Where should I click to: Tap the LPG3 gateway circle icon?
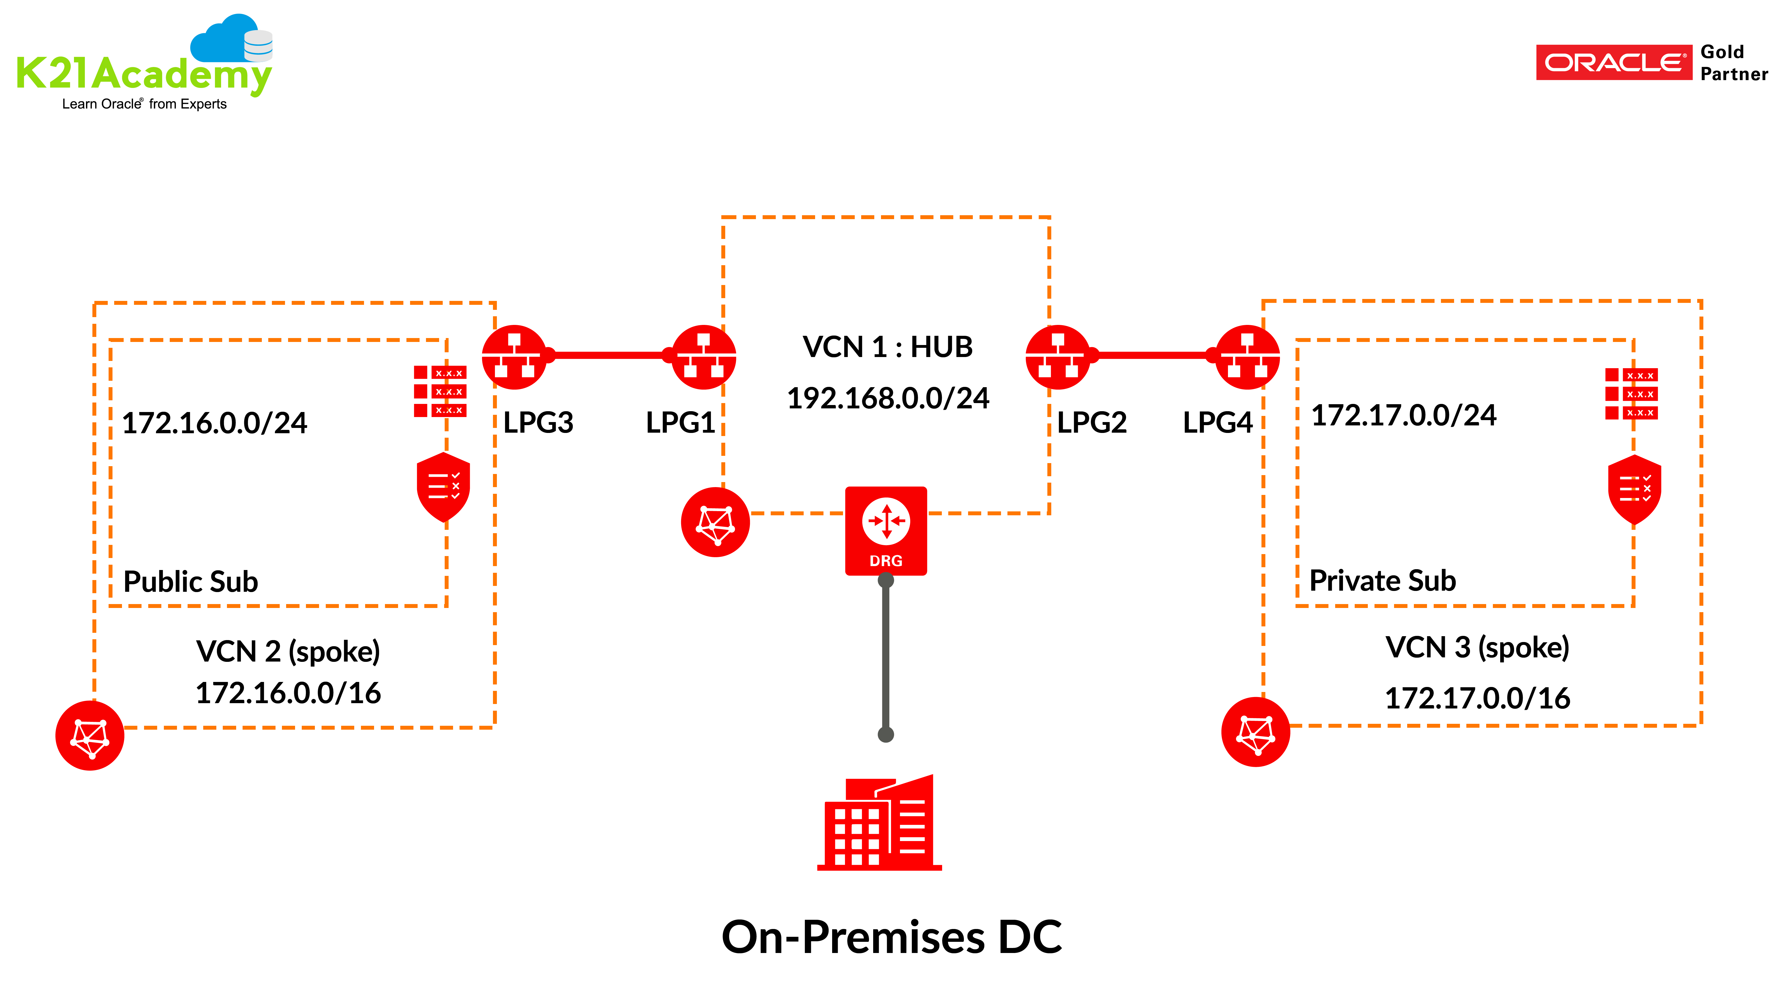click(514, 357)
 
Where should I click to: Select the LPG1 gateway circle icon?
click(704, 357)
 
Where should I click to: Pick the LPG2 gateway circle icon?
click(1057, 357)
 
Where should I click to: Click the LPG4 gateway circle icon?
click(1247, 357)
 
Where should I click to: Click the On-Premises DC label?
click(891, 937)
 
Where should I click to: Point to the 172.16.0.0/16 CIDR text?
click(288, 693)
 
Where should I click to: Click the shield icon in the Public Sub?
click(443, 487)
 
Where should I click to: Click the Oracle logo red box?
click(1613, 63)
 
